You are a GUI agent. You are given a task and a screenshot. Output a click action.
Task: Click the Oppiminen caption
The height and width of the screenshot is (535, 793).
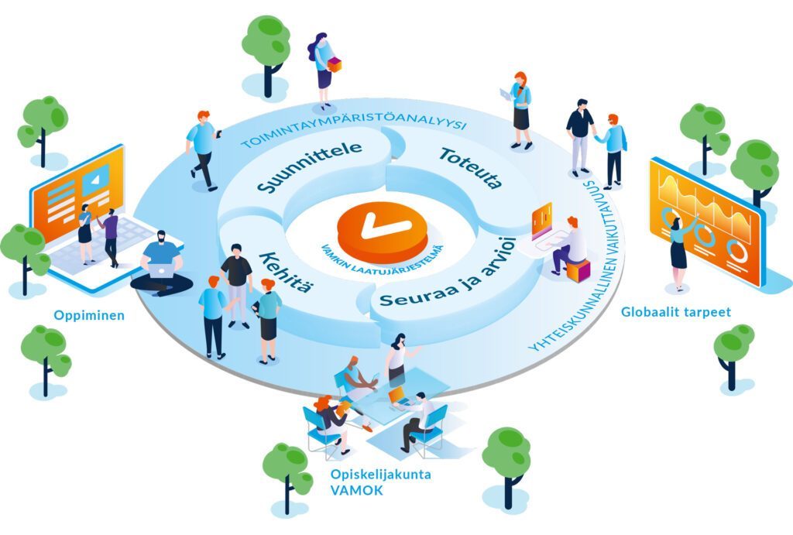89,316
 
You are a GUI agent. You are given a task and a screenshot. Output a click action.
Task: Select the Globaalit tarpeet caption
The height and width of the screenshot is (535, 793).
675,313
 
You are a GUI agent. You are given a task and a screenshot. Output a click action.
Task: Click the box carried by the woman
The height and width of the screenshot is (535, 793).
334,65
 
